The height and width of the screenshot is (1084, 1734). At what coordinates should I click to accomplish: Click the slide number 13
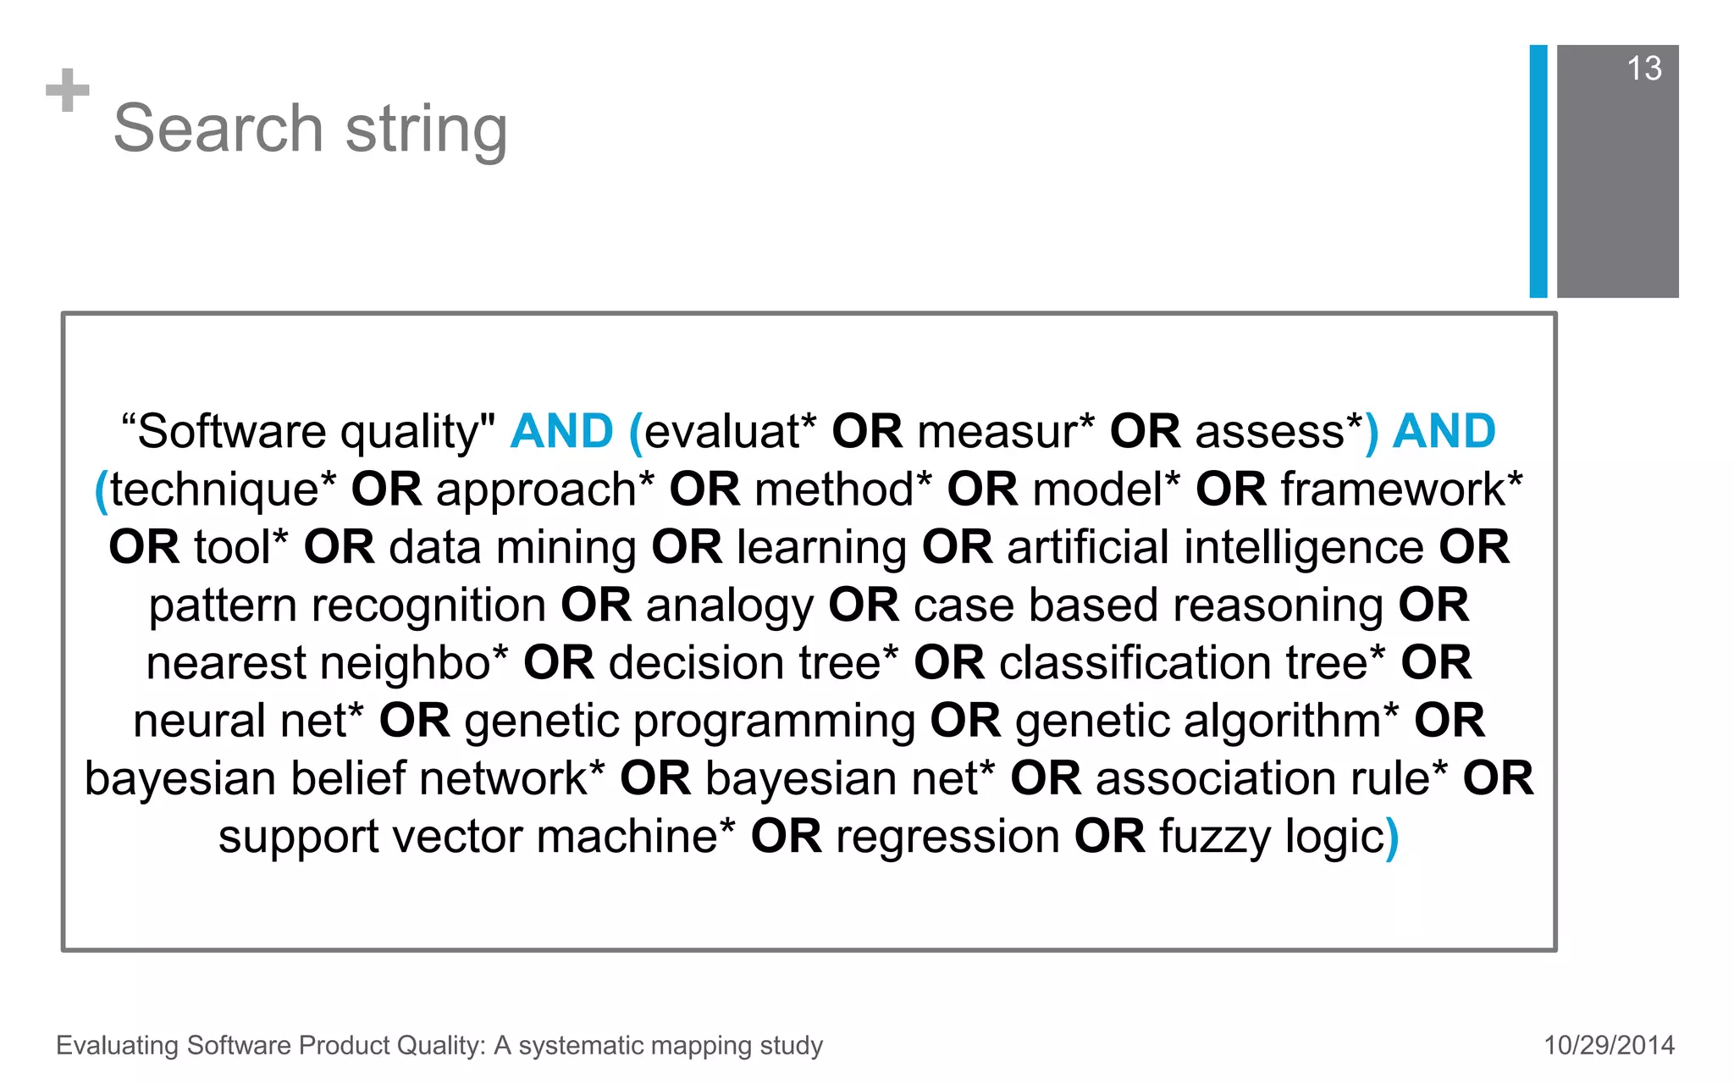(1643, 69)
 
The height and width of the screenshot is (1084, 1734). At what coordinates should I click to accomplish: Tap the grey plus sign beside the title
(68, 91)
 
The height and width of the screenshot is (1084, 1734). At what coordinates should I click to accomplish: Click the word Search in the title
(218, 129)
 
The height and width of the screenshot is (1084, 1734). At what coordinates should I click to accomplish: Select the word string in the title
(426, 130)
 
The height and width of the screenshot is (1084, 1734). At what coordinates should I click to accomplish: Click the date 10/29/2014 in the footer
(1609, 1045)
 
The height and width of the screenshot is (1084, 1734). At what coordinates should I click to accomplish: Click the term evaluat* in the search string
(730, 432)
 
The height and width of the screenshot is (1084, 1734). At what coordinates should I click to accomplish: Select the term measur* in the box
(1006, 432)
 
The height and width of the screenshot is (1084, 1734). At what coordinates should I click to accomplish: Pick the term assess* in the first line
(1278, 432)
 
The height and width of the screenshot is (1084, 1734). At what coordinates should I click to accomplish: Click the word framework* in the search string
(1401, 489)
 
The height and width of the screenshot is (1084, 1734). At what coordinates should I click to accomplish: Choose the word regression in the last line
(947, 838)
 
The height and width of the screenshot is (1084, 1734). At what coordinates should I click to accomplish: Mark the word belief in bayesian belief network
(347, 779)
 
